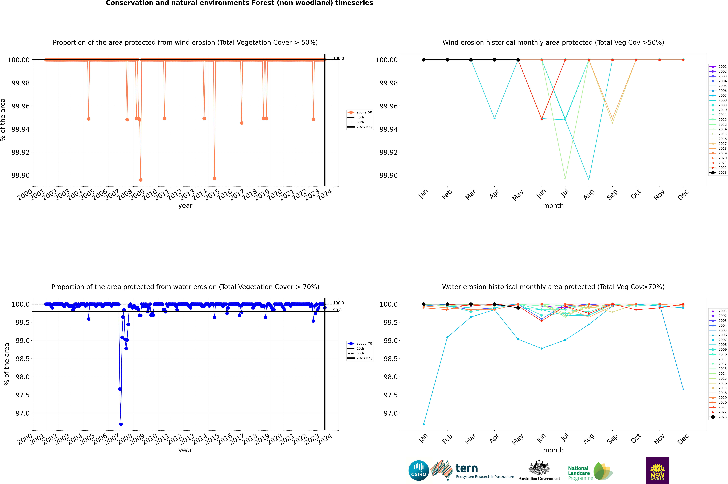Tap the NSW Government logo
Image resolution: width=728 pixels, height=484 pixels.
pos(657,470)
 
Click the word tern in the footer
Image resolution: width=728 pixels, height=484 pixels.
pos(467,469)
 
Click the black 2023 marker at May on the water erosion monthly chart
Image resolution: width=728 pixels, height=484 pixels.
pos(518,308)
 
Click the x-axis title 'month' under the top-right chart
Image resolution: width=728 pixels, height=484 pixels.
pos(553,206)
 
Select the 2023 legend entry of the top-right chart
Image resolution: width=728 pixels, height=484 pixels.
pos(719,173)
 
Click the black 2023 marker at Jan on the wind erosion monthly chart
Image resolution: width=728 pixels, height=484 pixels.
pos(424,60)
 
